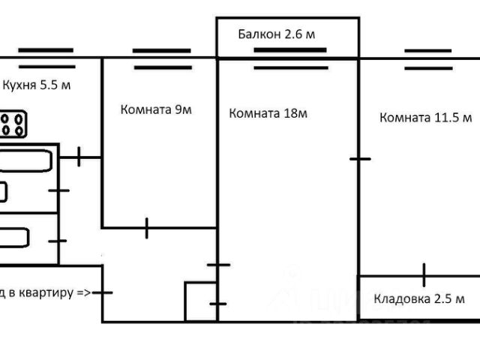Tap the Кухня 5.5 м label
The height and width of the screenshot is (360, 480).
(37, 85)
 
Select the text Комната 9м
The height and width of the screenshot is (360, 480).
(156, 109)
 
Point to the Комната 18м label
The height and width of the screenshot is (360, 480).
(268, 114)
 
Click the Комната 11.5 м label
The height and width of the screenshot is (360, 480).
(425, 118)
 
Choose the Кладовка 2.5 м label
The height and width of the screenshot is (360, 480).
(419, 298)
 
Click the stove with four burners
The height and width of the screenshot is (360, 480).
(12, 124)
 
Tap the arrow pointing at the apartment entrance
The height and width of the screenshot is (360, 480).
(83, 293)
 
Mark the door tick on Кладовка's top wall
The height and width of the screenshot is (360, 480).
(424, 275)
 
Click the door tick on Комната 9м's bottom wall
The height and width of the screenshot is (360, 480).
(147, 227)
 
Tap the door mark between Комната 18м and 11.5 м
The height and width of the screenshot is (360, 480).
(360, 158)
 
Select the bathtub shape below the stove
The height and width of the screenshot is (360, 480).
(25, 160)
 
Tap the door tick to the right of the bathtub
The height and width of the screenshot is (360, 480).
(79, 157)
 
